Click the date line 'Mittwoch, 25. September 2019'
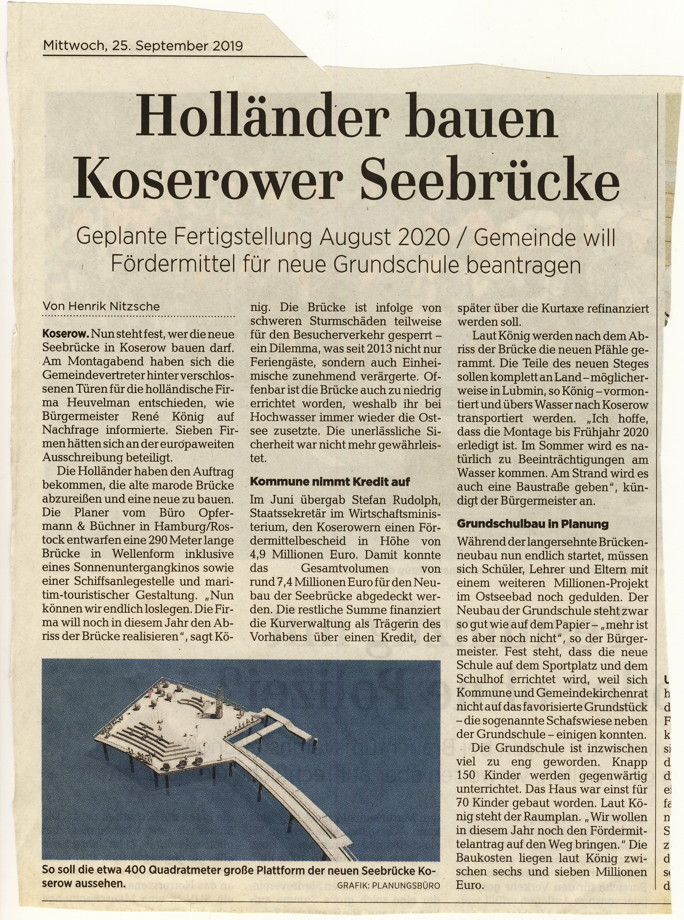143,45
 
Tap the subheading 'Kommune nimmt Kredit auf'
330,482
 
